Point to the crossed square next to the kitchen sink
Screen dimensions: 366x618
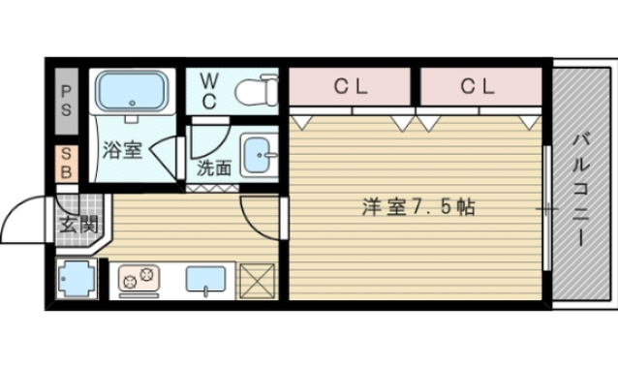coord(258,282)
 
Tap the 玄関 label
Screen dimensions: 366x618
coord(76,225)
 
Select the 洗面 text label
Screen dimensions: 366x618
coord(214,166)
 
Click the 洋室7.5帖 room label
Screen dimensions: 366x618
coord(418,206)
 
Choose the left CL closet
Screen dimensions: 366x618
coord(352,86)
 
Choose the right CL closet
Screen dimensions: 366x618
coord(478,86)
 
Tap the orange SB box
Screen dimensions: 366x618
coord(66,162)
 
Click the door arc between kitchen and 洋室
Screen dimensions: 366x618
coord(260,215)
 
